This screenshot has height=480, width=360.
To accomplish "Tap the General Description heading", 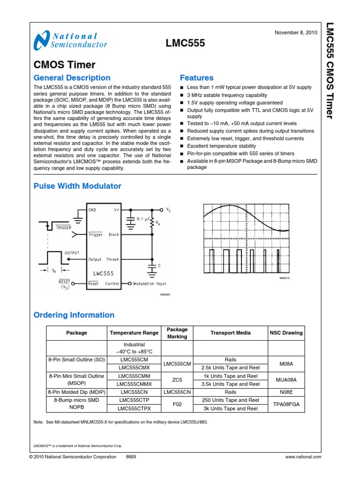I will point(72,78).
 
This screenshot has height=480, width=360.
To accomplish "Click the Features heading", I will point(197,78).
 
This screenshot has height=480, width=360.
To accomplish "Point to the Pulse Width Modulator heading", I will point(77,186).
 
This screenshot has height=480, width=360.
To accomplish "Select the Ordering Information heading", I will point(74,315).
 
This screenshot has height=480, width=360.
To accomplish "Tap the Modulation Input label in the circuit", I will point(150,284).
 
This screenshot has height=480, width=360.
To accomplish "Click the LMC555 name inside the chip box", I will point(103,273).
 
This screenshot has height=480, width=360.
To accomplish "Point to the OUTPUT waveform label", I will point(72,253).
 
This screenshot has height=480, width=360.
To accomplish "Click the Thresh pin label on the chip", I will point(112,259).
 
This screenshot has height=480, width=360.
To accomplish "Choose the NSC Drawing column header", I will point(286,333).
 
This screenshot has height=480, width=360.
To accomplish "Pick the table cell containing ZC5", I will point(177,380).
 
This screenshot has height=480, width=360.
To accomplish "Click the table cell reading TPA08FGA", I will point(286,404).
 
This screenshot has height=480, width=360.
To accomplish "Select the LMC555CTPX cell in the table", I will point(134,408).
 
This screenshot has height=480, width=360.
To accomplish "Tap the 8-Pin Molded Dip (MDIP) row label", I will point(77,392).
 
